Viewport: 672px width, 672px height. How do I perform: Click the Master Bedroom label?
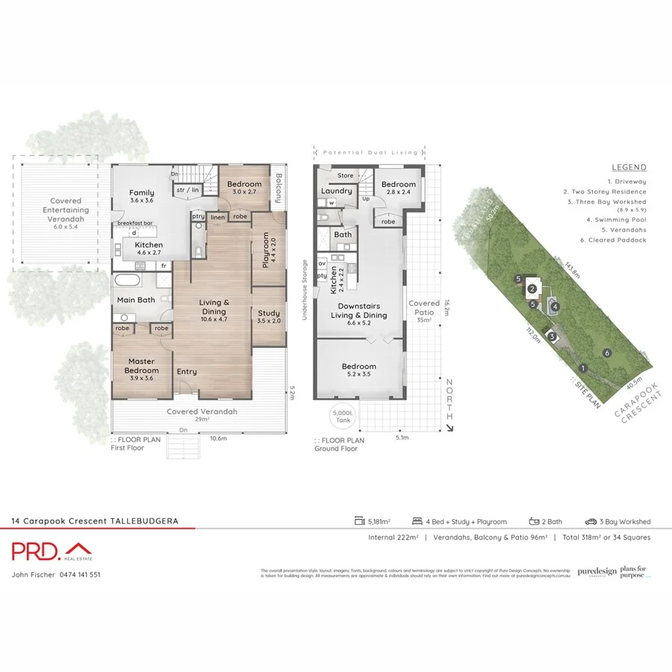pyautogui.click(x=141, y=366)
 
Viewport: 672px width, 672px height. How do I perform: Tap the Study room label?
pyautogui.click(x=268, y=317)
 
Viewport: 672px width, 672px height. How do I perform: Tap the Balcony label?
pyautogui.click(x=278, y=188)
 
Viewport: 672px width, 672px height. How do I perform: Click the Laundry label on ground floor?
pyautogui.click(x=336, y=190)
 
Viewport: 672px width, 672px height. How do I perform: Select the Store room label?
pyautogui.click(x=345, y=175)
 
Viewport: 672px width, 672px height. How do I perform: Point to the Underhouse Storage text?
pyautogui.click(x=305, y=290)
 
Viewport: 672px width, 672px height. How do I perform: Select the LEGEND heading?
pyautogui.click(x=629, y=167)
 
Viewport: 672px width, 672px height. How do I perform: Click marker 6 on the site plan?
pyautogui.click(x=608, y=352)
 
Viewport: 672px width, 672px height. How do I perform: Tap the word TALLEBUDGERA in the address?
pyautogui.click(x=144, y=521)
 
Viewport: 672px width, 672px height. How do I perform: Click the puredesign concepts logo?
pyautogui.click(x=597, y=572)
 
